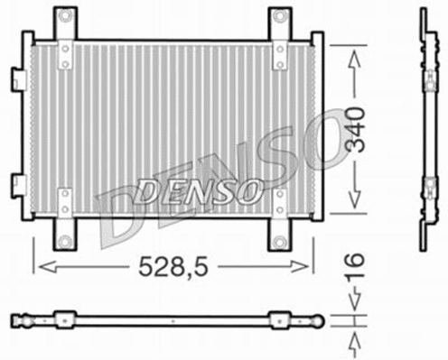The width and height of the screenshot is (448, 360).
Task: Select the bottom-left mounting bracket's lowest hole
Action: (64, 241)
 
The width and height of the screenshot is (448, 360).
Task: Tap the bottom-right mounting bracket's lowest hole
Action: (279, 241)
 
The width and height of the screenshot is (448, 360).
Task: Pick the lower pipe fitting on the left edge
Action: (18, 185)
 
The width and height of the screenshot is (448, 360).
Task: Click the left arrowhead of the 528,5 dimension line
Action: (38, 268)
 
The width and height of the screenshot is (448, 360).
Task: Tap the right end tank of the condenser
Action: (317, 126)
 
